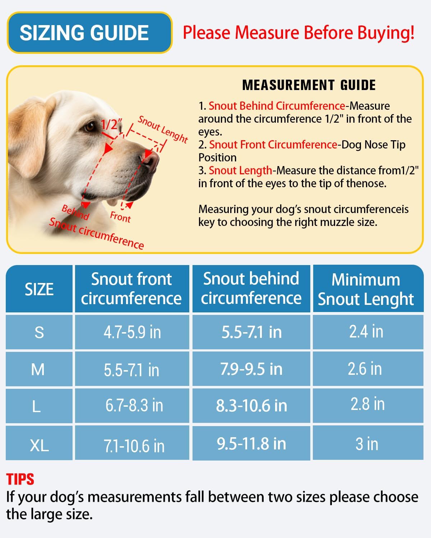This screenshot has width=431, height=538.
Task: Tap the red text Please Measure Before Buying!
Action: [x=298, y=33]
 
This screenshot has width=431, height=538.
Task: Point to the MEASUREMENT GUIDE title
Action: [x=309, y=85]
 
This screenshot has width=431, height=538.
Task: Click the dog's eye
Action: [x=90, y=126]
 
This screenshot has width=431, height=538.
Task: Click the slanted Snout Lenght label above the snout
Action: [x=163, y=129]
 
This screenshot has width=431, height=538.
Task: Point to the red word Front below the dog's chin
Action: [x=120, y=217]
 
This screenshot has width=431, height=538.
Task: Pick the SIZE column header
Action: [x=39, y=289]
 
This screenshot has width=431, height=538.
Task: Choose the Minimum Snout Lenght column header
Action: [x=366, y=289]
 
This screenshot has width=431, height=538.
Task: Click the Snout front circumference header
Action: [x=131, y=289]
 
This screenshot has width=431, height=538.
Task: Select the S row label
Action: [x=39, y=332]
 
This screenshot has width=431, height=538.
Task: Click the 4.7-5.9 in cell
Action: [x=132, y=332]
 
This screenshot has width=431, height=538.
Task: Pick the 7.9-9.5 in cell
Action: [x=251, y=369]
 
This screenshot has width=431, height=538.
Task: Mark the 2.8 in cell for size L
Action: [x=367, y=404]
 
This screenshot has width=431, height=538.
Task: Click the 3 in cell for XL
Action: [x=367, y=444]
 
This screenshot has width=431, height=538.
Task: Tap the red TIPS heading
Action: [x=20, y=480]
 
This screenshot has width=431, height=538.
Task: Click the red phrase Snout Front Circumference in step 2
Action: [x=273, y=145]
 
